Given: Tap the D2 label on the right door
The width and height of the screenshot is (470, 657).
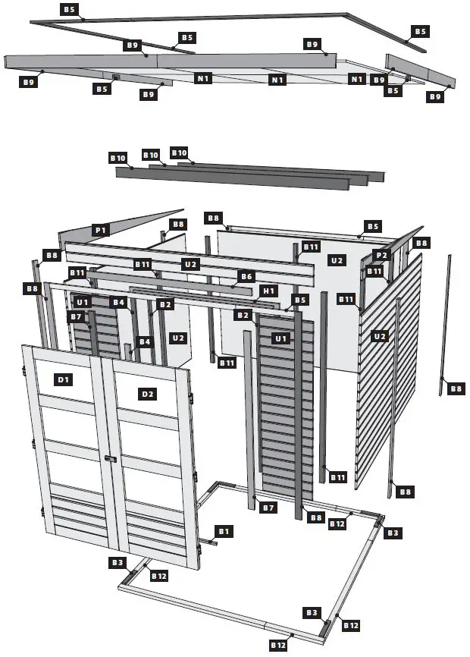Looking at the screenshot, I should coord(147,393).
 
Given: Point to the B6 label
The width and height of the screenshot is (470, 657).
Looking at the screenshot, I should coord(246,277).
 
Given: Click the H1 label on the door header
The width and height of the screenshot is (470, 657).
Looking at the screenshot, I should coord(268,291).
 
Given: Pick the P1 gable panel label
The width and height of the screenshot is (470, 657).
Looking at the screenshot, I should coord(100,228).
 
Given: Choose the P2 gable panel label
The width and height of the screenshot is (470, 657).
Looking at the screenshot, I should coord(381,256).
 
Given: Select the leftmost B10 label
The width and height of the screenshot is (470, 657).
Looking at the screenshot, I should coord(117,157).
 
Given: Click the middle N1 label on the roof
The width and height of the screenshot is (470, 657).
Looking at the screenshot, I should coord(277,79).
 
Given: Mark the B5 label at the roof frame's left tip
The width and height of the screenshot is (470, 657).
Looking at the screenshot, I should coord(69,9).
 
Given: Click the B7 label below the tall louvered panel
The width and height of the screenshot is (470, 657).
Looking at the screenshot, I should coord(267,507).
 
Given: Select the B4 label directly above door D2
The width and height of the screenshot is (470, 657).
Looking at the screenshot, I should coord(144,342).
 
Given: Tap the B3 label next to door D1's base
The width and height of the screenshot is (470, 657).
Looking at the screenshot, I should coord(117,562).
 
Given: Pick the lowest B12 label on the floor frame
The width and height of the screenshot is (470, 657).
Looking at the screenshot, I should coord(278,645).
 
